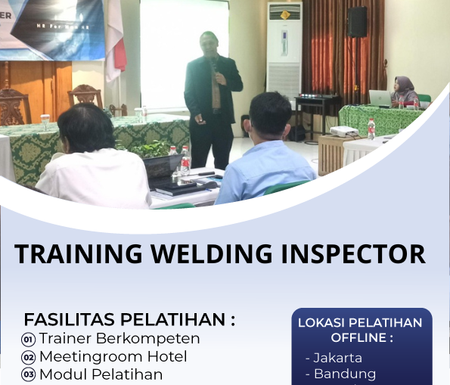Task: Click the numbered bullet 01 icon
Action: click(29, 339)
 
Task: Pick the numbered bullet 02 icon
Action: click(29, 357)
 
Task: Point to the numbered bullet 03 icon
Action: click(29, 374)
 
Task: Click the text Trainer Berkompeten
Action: click(119, 338)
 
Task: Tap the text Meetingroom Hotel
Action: click(113, 356)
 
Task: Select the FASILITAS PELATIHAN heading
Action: click(129, 319)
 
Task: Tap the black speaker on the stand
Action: click(357, 22)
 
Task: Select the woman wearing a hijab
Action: click(404, 92)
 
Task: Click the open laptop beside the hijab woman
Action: click(380, 98)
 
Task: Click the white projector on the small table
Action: click(345, 132)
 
